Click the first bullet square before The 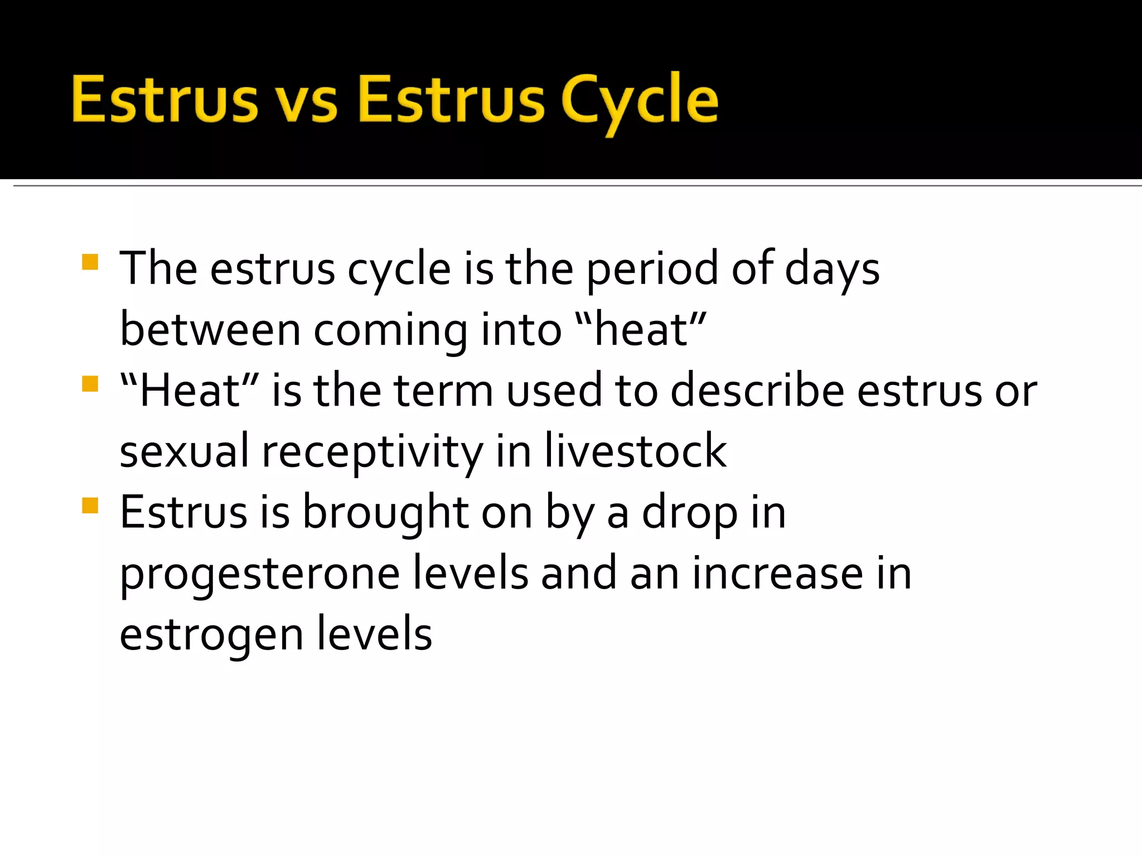pyautogui.click(x=90, y=262)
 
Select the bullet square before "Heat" pyautogui.click(x=90, y=384)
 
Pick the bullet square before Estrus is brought pyautogui.click(x=90, y=505)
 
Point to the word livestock pyautogui.click(x=636, y=451)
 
